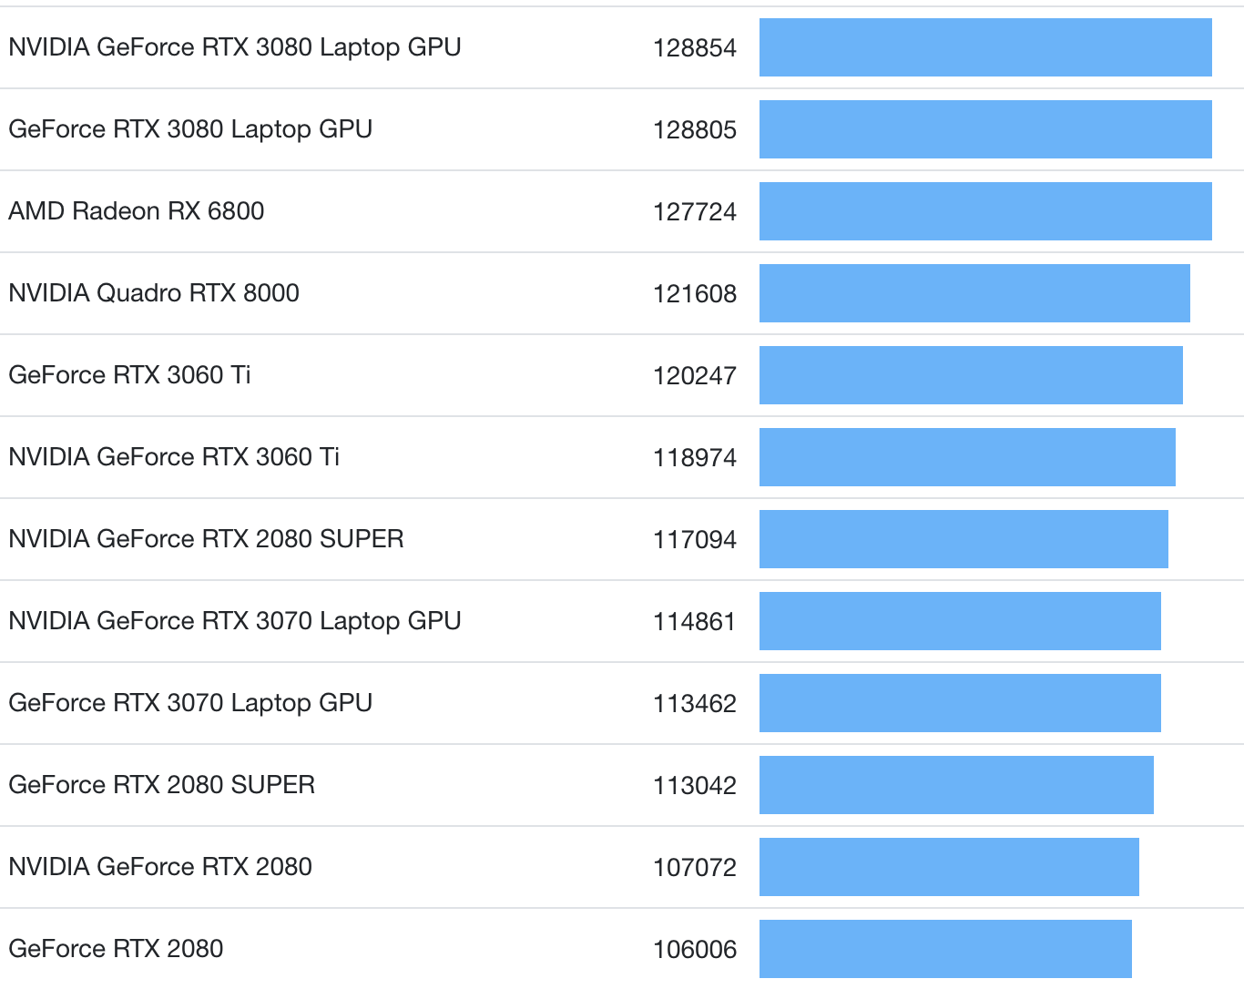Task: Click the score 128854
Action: (694, 47)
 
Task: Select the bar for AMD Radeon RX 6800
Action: (985, 211)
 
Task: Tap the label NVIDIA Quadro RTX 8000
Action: (154, 293)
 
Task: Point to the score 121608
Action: (694, 293)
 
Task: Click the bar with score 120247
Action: (971, 375)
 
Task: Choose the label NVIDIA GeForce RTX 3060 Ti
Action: (174, 457)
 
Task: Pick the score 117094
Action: (694, 539)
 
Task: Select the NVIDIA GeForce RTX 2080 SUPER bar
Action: (964, 539)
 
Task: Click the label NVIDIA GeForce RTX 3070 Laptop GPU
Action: (235, 621)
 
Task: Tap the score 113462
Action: (694, 703)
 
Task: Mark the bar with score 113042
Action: (956, 785)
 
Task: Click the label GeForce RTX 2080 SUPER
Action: (162, 785)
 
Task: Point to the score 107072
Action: (694, 867)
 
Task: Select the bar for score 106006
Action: (945, 949)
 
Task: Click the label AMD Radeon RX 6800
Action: (137, 211)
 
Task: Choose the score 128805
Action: (694, 129)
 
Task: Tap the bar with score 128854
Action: (985, 47)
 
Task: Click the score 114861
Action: (694, 621)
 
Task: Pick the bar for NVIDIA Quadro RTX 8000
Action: (974, 293)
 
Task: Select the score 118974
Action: (694, 457)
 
